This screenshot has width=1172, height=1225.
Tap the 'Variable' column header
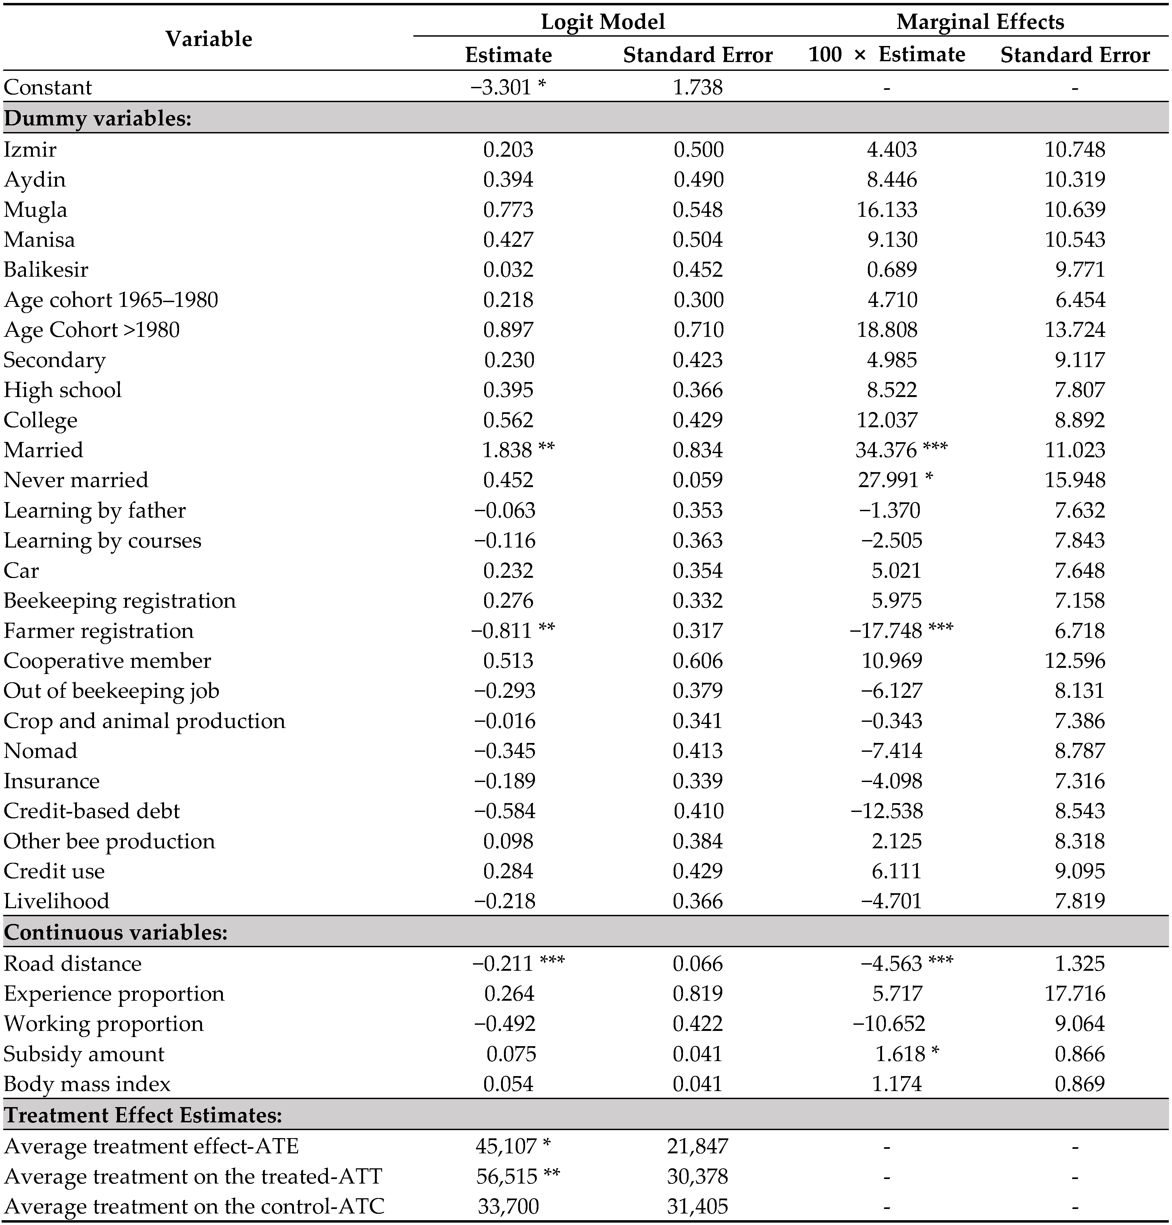click(209, 39)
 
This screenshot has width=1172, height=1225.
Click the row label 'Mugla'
click(36, 209)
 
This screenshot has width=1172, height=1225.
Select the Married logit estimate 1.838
click(507, 450)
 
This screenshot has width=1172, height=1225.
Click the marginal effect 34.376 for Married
click(887, 450)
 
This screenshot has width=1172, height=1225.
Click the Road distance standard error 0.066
click(698, 964)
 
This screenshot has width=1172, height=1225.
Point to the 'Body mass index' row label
click(87, 1084)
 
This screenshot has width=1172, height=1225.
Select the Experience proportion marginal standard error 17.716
click(1074, 994)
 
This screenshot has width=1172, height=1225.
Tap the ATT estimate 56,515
click(507, 1176)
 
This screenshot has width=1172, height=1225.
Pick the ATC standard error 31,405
click(697, 1206)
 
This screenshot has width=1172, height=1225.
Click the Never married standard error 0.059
click(698, 480)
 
